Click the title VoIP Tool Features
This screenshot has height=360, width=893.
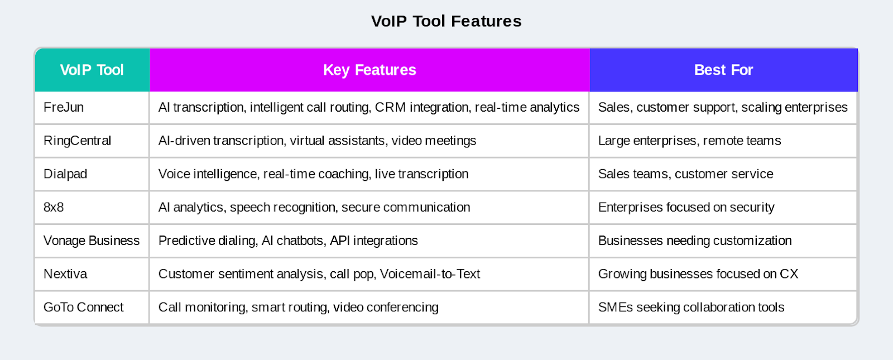[x=446, y=21]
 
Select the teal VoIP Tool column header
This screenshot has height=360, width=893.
[x=92, y=70]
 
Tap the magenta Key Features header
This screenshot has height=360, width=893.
[x=369, y=70]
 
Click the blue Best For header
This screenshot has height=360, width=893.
[x=723, y=70]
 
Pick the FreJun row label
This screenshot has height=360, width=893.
[x=64, y=107]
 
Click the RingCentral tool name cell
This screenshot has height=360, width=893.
[x=77, y=141]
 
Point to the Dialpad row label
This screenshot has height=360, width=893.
[x=65, y=174]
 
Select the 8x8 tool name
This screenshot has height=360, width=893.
[x=54, y=207]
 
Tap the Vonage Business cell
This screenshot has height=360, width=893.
[x=92, y=241]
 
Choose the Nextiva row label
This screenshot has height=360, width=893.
[x=65, y=274]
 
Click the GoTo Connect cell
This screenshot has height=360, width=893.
[x=83, y=308]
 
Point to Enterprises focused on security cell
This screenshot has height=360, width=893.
[x=686, y=208]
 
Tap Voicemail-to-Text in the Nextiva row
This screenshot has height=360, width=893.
[x=430, y=274]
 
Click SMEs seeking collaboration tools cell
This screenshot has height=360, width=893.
[x=691, y=308]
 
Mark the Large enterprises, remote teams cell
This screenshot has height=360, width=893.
[x=689, y=141]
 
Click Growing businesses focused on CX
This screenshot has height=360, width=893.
[x=698, y=274]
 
